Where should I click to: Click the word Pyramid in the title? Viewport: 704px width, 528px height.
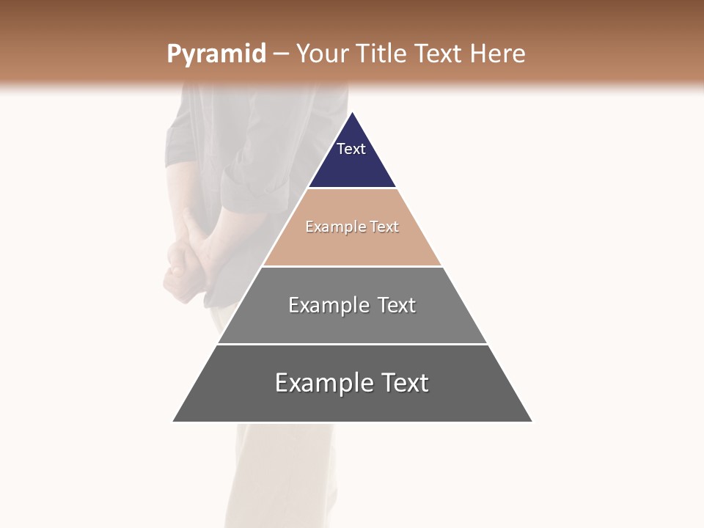(x=216, y=54)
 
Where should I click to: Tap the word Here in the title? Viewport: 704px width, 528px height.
(x=498, y=54)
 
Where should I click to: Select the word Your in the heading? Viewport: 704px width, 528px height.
(x=322, y=54)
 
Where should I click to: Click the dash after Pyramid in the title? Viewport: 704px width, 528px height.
(x=281, y=54)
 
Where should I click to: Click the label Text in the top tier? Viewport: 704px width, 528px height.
(x=351, y=149)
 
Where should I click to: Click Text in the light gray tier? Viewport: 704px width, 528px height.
(x=397, y=305)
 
